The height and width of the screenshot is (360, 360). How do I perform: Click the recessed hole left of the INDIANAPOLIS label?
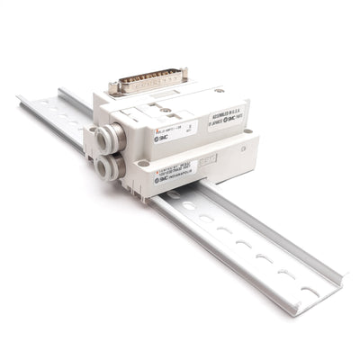[142, 164]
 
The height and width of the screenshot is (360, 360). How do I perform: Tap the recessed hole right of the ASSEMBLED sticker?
[247, 132]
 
